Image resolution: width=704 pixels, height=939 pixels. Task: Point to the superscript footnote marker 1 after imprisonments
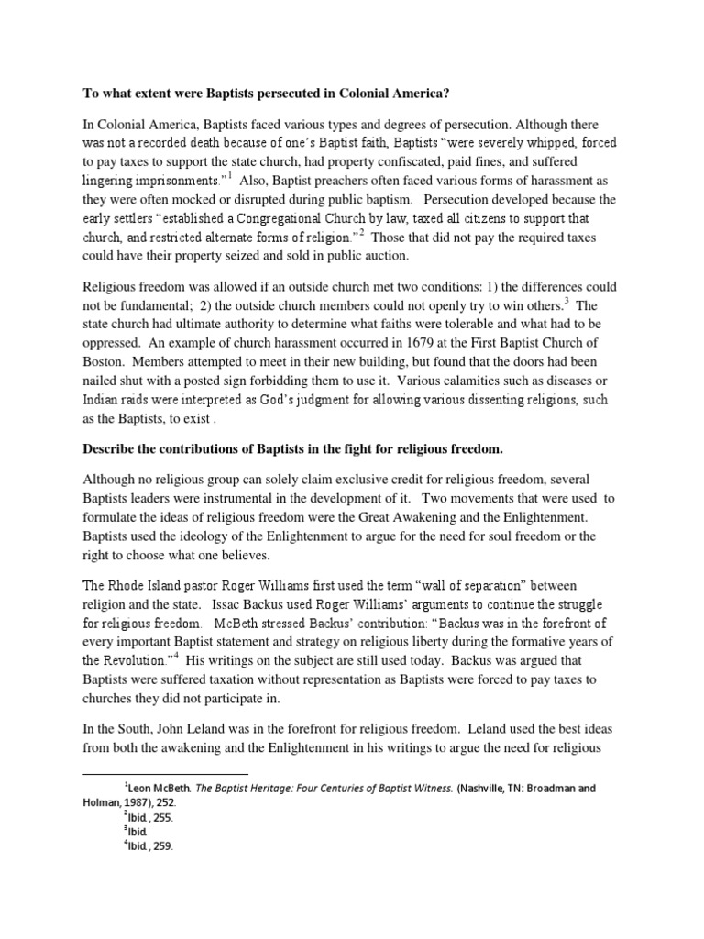coord(231,175)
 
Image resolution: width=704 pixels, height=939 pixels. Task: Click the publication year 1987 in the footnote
coord(141,801)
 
